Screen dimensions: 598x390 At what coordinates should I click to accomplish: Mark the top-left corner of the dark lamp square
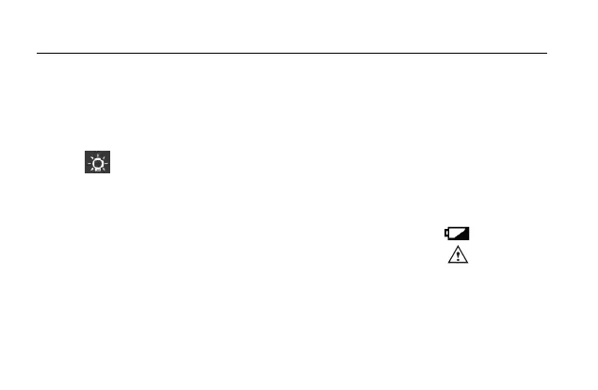85,151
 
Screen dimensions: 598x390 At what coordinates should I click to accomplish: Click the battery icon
458,233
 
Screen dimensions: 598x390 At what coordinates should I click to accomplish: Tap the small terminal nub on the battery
446,233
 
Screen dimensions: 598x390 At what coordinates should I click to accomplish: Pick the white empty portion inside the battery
453,232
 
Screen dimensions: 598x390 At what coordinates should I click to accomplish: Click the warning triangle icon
458,254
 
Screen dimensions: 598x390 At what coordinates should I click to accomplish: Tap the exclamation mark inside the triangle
458,256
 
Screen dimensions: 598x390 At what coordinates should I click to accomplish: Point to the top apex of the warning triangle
458,247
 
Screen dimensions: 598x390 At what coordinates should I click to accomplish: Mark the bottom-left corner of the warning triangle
448,263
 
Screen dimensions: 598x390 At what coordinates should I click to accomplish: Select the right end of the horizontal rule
546,54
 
